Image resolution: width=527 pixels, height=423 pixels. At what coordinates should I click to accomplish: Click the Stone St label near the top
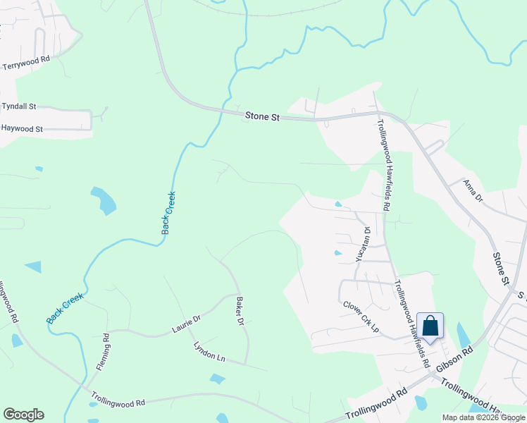262,116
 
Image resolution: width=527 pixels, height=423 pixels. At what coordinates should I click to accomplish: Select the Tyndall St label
19,106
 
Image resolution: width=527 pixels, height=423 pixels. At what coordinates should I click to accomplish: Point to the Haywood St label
23,129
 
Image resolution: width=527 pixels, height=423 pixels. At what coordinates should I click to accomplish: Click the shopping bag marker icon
430,326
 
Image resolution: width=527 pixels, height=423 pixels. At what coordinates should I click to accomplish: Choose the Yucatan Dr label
362,244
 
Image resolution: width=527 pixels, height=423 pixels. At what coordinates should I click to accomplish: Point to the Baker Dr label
239,311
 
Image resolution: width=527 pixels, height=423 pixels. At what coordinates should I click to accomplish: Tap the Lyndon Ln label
209,352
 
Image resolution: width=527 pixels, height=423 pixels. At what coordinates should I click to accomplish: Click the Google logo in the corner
23,415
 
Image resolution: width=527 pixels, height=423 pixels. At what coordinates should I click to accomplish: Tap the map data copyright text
483,417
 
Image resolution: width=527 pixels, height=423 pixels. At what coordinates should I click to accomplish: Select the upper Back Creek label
168,213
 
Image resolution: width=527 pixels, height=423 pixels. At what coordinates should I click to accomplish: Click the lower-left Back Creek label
65,308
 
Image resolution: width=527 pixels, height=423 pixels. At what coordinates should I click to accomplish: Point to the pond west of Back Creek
104,200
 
